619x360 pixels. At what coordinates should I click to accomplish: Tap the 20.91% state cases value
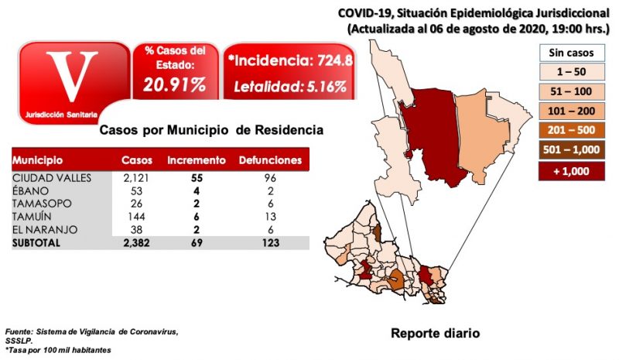[x=174, y=84]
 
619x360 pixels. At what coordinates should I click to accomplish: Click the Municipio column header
[x=37, y=161]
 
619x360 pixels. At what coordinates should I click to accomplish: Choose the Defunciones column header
[x=269, y=161]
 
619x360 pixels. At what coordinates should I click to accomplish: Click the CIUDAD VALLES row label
[x=46, y=178]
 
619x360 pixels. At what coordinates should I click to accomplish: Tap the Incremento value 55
[x=196, y=178]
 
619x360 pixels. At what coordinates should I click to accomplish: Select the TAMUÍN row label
[x=32, y=218]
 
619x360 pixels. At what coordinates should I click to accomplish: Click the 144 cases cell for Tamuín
[x=139, y=218]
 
